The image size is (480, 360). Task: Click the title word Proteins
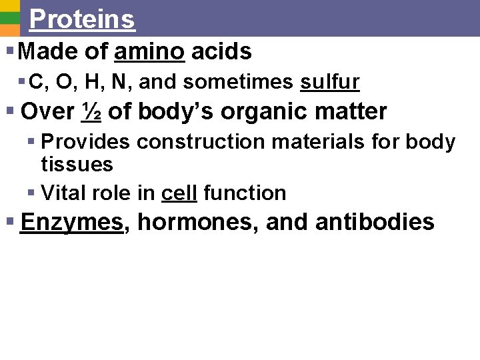point(82,19)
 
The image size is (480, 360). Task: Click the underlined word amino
point(150,51)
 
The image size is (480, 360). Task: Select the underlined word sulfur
point(330,82)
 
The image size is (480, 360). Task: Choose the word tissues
point(77,164)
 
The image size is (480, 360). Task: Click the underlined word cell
point(179,193)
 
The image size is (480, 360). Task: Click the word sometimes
point(238,82)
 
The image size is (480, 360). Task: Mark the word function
point(245,193)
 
